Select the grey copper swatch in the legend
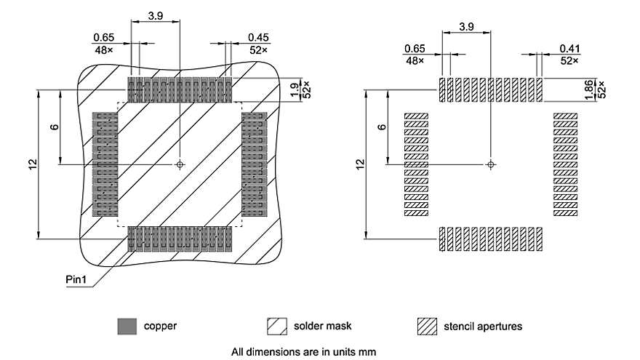coord(127,327)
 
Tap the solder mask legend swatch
coord(276,327)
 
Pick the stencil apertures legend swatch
coord(426,327)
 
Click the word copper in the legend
coord(160,327)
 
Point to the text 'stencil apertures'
coord(483,327)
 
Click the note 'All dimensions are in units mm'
coord(303,352)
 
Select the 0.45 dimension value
coord(259,37)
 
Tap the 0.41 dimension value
coord(569,49)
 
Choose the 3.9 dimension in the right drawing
coord(466,26)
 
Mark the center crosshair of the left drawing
coord(180,165)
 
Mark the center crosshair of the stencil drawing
coord(491,165)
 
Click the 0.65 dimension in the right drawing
coord(414,49)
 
